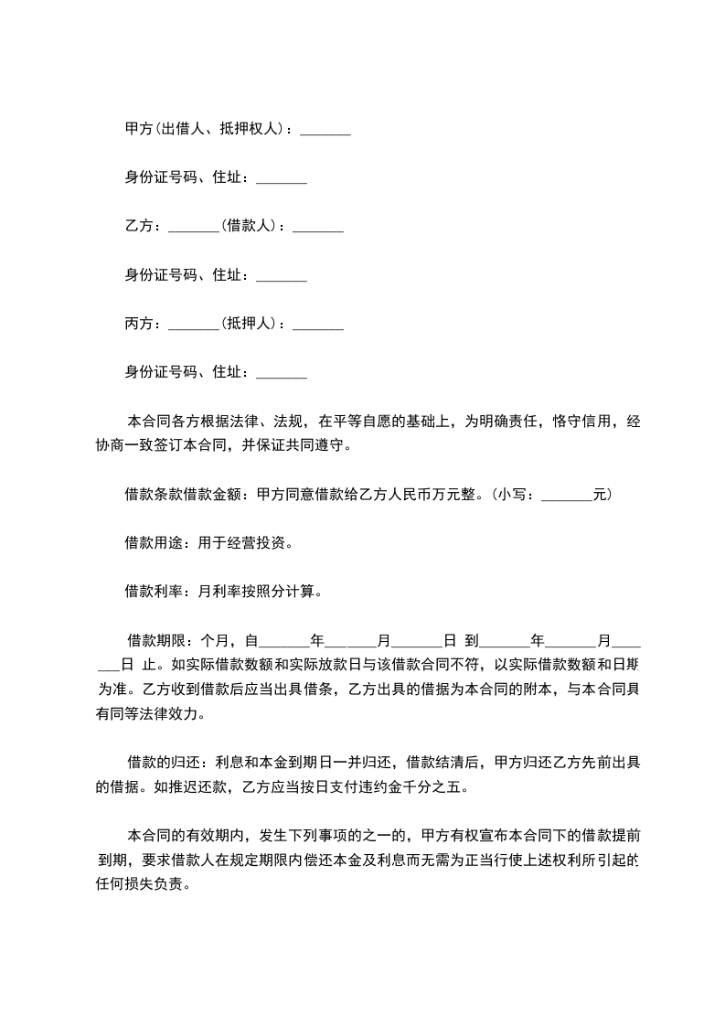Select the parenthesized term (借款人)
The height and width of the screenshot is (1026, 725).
click(249, 227)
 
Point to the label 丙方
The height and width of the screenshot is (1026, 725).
click(139, 324)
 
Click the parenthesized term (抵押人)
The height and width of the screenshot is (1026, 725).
click(249, 324)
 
